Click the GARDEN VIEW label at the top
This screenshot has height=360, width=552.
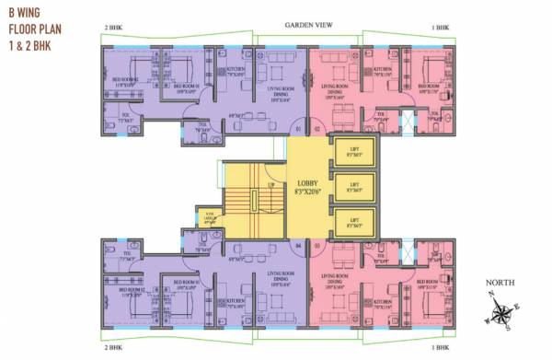coord(308,25)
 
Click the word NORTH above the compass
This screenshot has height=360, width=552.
coord(500,283)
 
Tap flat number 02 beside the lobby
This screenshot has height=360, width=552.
coord(316,129)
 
